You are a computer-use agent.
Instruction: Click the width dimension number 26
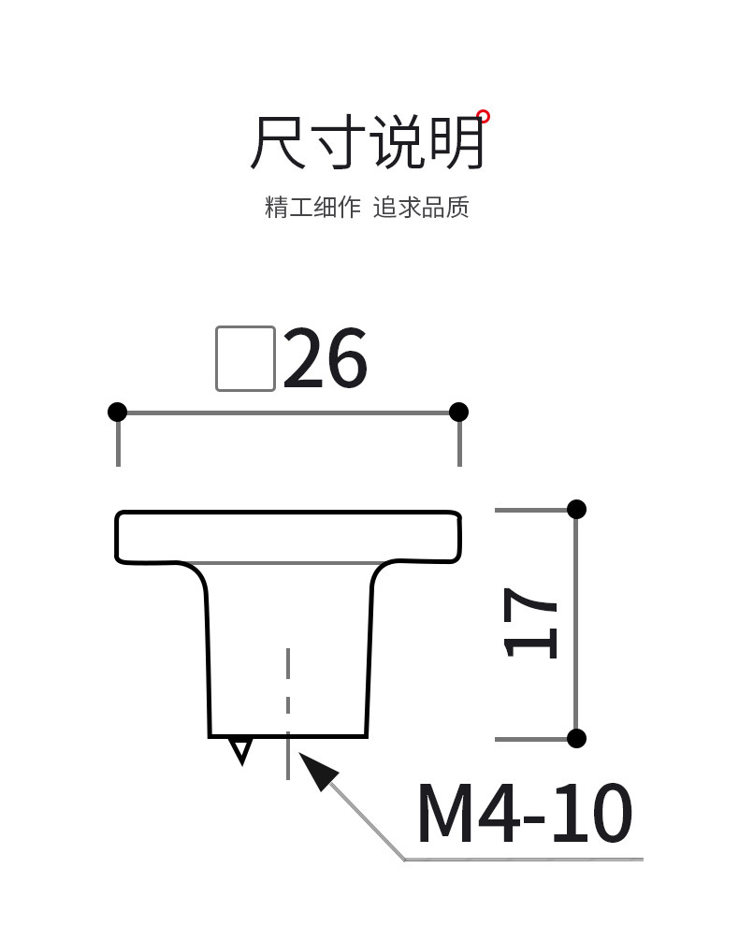[x=326, y=359]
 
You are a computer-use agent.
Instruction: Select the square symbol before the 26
[x=245, y=358]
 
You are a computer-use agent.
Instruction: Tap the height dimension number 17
[x=530, y=623]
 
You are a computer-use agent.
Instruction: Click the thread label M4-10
[x=524, y=815]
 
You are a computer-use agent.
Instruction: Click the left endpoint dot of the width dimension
[x=117, y=412]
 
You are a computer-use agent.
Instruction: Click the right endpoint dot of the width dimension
[x=458, y=412]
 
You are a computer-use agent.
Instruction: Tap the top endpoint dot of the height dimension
[x=576, y=509]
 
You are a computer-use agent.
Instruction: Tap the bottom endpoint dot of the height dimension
[x=576, y=738]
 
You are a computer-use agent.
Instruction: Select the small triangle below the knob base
[x=241, y=749]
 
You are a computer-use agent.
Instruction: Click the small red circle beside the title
[x=483, y=117]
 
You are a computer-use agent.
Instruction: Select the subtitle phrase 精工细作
[x=312, y=207]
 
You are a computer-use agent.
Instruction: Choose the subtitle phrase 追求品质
[x=421, y=207]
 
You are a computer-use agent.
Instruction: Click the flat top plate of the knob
[x=288, y=536]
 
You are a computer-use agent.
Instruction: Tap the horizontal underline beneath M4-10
[x=524, y=859]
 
